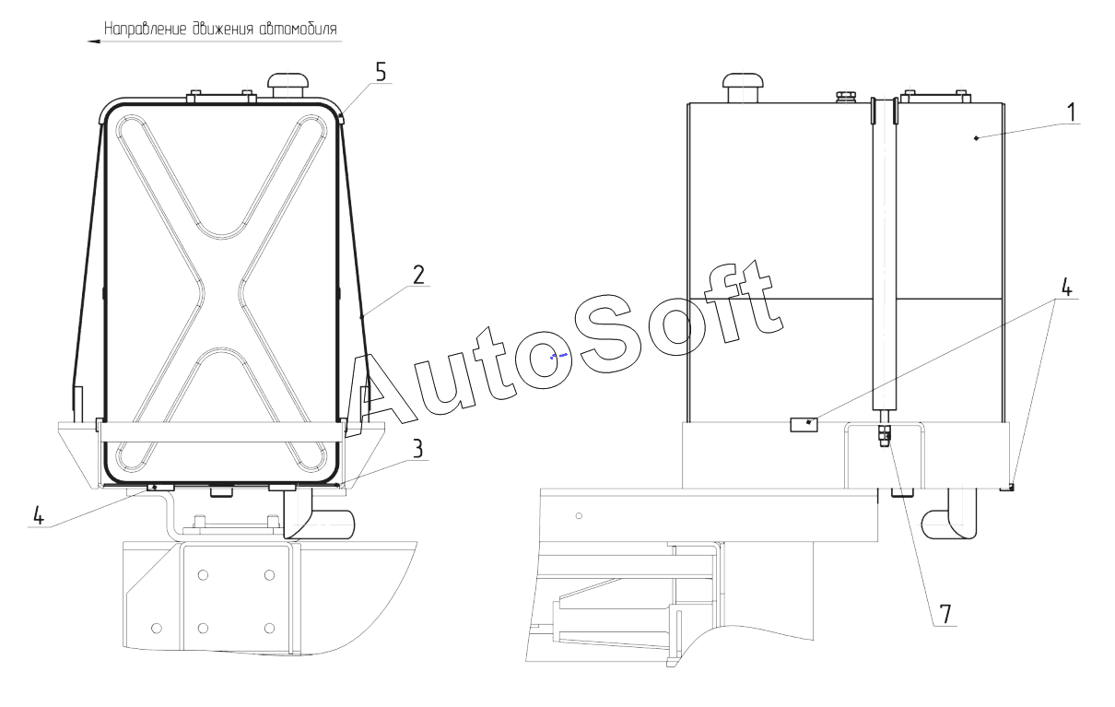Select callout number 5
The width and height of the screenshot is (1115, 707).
click(x=381, y=73)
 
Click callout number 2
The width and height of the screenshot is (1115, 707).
click(x=418, y=275)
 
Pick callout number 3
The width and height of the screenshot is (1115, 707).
click(x=417, y=449)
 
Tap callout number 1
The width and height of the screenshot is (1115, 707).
click(x=1071, y=112)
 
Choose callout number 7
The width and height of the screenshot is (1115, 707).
click(x=945, y=614)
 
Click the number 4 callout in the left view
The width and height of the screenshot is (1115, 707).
click(x=39, y=515)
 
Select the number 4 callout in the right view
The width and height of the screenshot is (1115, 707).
click(x=1066, y=288)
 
